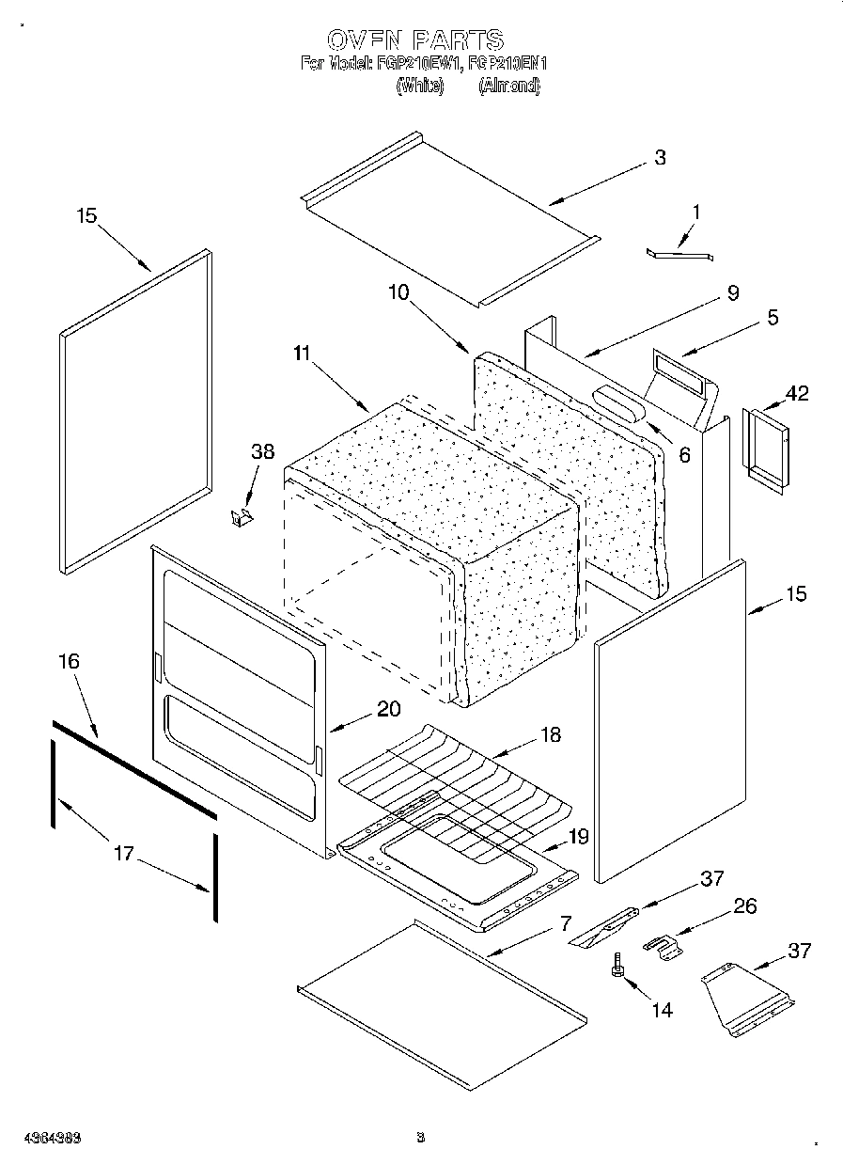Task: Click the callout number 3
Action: pyautogui.click(x=660, y=158)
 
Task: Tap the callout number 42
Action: pyautogui.click(x=796, y=393)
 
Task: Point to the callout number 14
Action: pyautogui.click(x=662, y=1010)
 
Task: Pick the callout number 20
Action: pyautogui.click(x=389, y=710)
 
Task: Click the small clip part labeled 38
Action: pyautogui.click(x=242, y=516)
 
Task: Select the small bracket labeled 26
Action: pyautogui.click(x=664, y=945)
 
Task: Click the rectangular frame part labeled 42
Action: pyautogui.click(x=763, y=449)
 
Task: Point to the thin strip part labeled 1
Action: pyautogui.click(x=679, y=253)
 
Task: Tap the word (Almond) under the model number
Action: pyautogui.click(x=509, y=86)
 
